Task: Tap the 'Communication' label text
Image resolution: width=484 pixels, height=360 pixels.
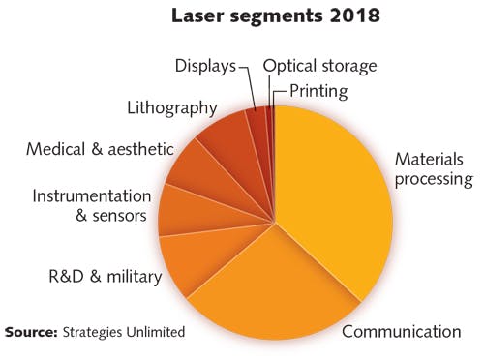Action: tap(402, 332)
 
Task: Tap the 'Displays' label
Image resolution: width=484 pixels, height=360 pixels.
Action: tap(205, 66)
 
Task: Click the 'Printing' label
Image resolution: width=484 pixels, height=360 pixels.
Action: tap(320, 93)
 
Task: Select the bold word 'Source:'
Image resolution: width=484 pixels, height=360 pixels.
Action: tap(36, 332)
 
